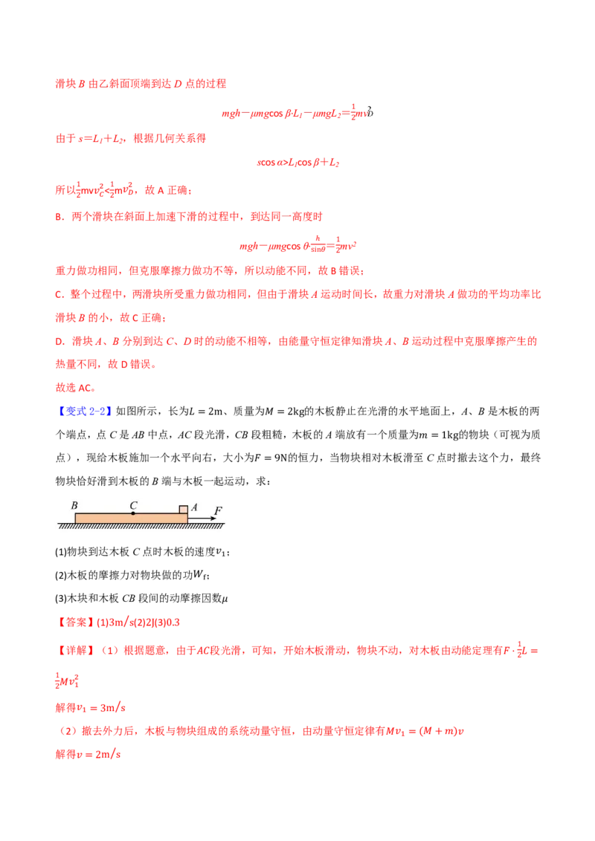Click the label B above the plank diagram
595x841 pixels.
click(x=74, y=505)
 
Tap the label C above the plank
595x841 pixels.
click(x=133, y=505)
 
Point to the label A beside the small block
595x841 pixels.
click(x=194, y=507)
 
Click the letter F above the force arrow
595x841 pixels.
click(x=218, y=510)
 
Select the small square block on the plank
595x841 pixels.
click(x=184, y=510)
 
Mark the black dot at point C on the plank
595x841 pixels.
click(x=133, y=514)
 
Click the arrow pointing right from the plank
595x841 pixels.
click(x=202, y=519)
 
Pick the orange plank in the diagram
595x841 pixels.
click(x=131, y=519)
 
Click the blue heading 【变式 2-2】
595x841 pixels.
click(x=84, y=412)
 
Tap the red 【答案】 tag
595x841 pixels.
click(x=75, y=622)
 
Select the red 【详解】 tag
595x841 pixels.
click(x=75, y=651)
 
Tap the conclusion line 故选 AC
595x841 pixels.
click(x=76, y=388)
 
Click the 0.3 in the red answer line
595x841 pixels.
click(x=173, y=623)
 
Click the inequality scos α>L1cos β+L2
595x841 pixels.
click(x=298, y=162)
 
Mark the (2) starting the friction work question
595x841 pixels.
click(x=61, y=576)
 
